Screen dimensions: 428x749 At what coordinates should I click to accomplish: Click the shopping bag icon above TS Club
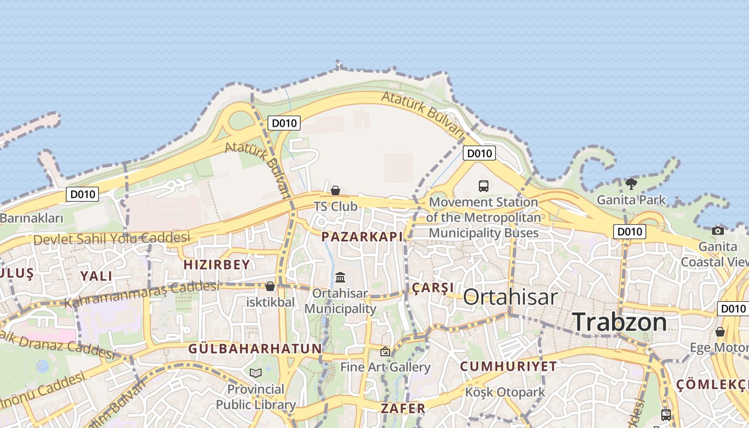click(335, 190)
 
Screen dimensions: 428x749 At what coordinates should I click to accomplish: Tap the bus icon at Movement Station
click(484, 186)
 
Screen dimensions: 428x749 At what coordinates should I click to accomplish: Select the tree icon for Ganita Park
click(631, 184)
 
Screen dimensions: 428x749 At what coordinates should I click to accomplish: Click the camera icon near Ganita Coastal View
click(718, 231)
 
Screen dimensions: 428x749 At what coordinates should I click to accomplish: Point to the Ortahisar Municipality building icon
click(340, 277)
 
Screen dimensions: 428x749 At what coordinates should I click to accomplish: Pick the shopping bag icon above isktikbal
click(270, 286)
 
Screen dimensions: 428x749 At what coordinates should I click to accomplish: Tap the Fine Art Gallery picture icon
click(385, 351)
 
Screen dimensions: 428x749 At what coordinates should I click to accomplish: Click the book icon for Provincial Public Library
click(256, 373)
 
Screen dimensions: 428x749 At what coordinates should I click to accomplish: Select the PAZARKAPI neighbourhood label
click(362, 236)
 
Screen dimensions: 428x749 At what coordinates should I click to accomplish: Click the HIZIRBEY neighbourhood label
click(217, 264)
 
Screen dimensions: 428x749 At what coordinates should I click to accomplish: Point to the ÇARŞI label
click(433, 287)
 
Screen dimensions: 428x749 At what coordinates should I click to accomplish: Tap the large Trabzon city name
click(620, 322)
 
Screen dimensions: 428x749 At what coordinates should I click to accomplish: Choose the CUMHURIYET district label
click(508, 366)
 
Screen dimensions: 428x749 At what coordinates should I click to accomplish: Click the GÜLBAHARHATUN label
click(255, 349)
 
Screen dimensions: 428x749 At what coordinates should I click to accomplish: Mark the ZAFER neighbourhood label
click(403, 408)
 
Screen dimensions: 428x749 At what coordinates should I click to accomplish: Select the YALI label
click(96, 276)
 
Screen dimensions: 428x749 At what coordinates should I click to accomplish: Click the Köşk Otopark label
click(505, 392)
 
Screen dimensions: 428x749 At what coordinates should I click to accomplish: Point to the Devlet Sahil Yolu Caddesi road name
click(112, 238)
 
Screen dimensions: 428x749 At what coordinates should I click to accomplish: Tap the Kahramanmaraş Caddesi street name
click(142, 294)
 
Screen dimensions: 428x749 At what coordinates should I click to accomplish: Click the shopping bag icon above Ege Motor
click(720, 332)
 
